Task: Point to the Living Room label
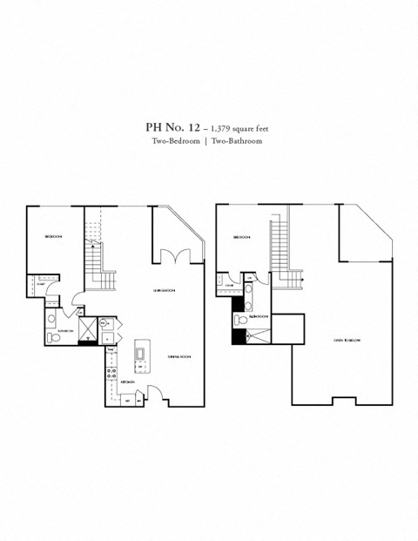165,289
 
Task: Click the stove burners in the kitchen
111,370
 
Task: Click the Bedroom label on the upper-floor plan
241,237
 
